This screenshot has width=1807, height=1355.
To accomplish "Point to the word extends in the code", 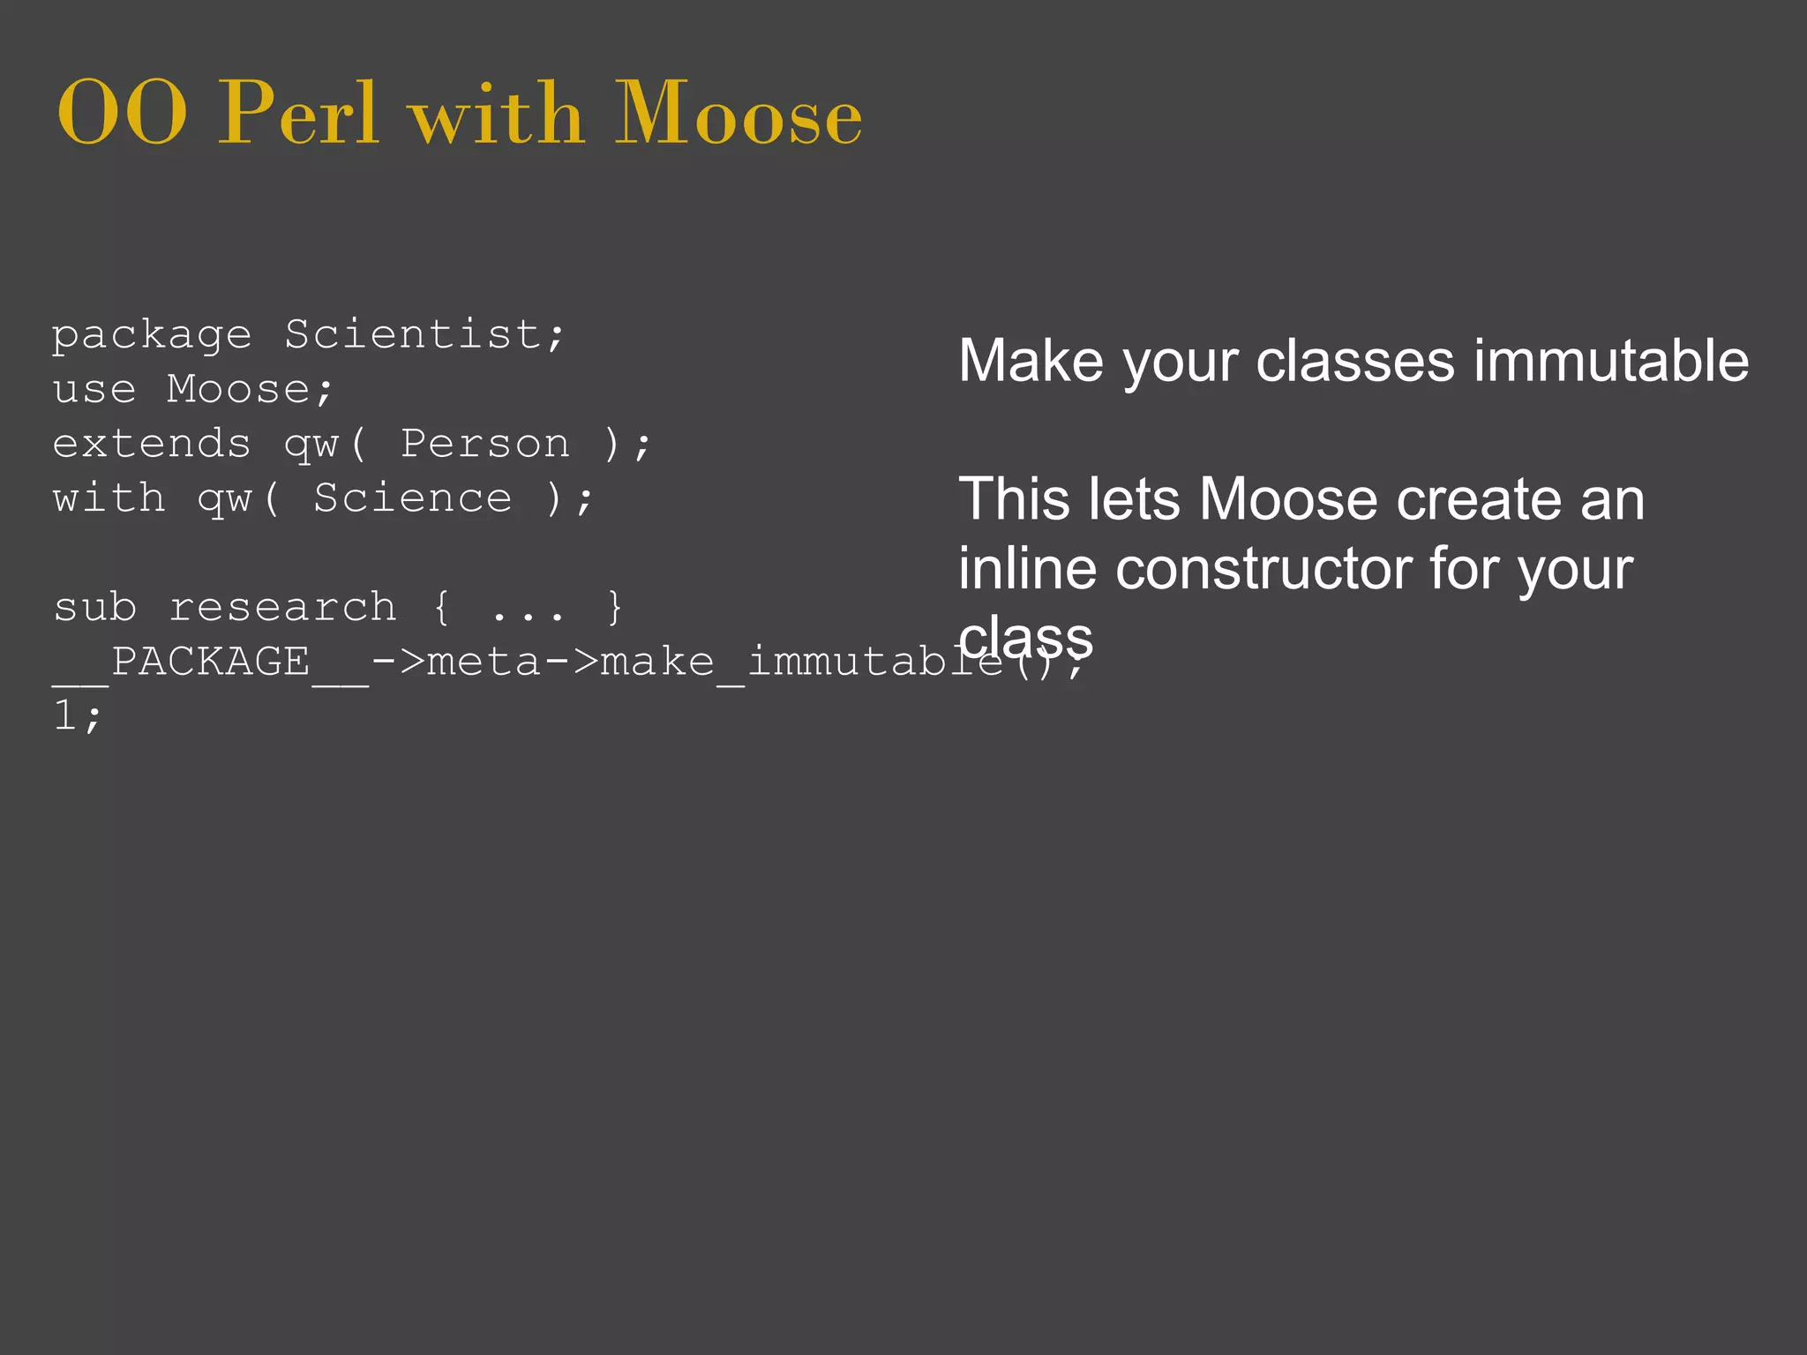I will pos(152,444).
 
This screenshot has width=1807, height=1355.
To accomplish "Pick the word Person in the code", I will pos(485,444).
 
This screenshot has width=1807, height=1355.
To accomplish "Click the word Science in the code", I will pos(412,498).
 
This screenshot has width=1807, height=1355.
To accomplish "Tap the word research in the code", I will pos(282,607).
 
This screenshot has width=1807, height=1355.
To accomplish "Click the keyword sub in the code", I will pos(95,607).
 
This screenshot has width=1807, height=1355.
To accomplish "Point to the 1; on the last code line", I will pos(78,716).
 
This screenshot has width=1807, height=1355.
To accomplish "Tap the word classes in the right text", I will pos(1354,361).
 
